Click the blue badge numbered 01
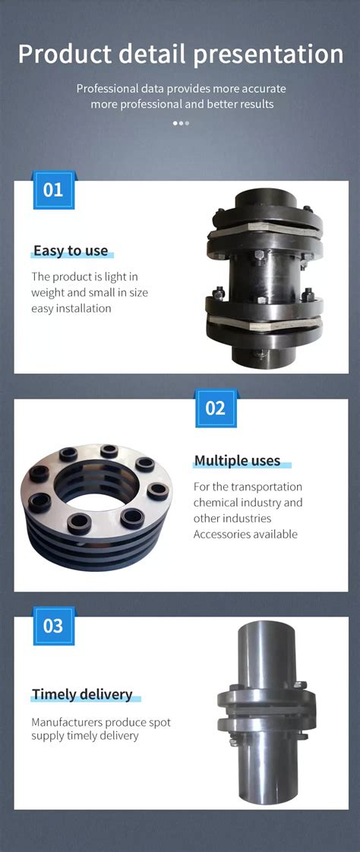(x=53, y=189)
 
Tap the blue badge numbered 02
(x=216, y=408)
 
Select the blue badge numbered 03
(x=53, y=626)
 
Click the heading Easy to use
(x=71, y=251)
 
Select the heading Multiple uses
(x=237, y=461)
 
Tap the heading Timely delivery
(x=82, y=695)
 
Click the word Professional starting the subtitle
(x=107, y=89)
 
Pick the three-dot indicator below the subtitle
(x=181, y=122)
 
